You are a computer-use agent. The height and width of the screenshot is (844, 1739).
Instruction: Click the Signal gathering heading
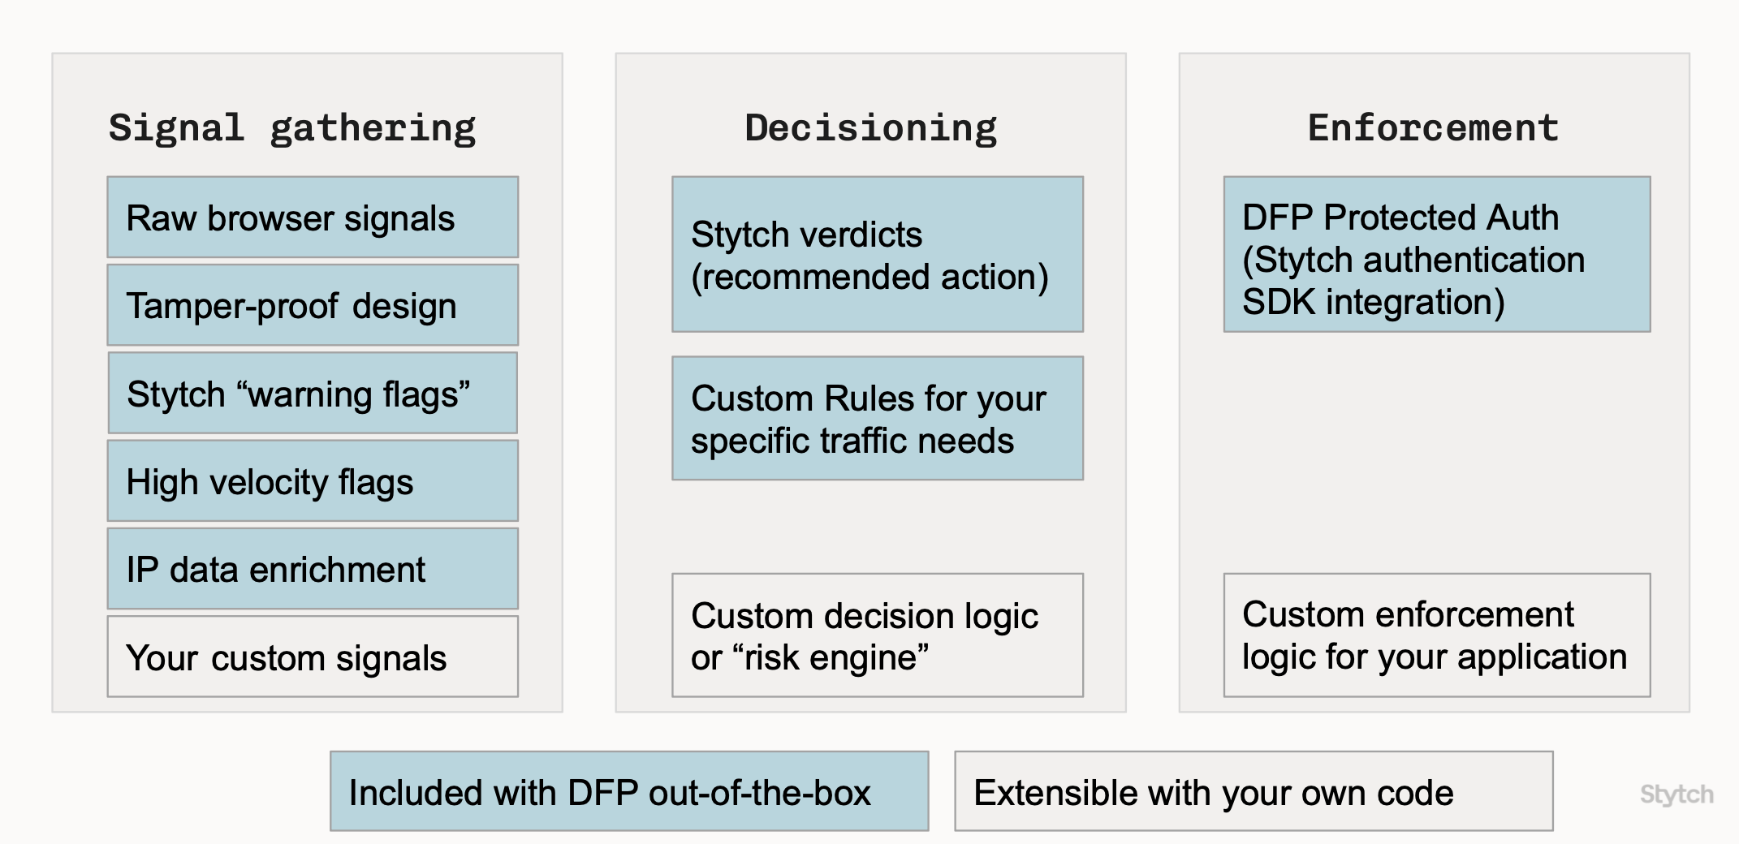292,128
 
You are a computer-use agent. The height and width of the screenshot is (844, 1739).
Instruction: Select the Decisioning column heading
870,128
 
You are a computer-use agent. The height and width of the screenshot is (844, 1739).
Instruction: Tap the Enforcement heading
1433,128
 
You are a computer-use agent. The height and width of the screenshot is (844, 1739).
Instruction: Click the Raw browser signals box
313,217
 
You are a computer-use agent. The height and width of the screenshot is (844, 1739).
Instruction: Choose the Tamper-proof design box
313,305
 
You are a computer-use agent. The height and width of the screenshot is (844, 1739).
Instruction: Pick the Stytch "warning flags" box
313,394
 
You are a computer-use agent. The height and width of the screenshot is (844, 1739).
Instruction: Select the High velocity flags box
313,481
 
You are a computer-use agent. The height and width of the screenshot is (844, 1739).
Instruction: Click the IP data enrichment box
313,569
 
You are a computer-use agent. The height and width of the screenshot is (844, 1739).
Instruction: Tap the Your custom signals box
313,657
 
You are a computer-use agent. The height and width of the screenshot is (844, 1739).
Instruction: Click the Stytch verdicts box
877,255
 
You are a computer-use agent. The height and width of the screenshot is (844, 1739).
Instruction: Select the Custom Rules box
877,419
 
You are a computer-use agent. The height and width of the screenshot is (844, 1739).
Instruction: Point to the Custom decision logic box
877,635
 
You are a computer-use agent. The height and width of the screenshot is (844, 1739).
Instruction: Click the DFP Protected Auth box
1436,255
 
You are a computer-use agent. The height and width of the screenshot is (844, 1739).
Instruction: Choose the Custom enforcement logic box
1436,635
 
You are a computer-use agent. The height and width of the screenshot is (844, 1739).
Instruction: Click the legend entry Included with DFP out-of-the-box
629,792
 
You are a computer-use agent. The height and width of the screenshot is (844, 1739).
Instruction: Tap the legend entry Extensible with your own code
1253,792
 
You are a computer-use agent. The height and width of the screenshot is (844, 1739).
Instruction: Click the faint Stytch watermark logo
1676,794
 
